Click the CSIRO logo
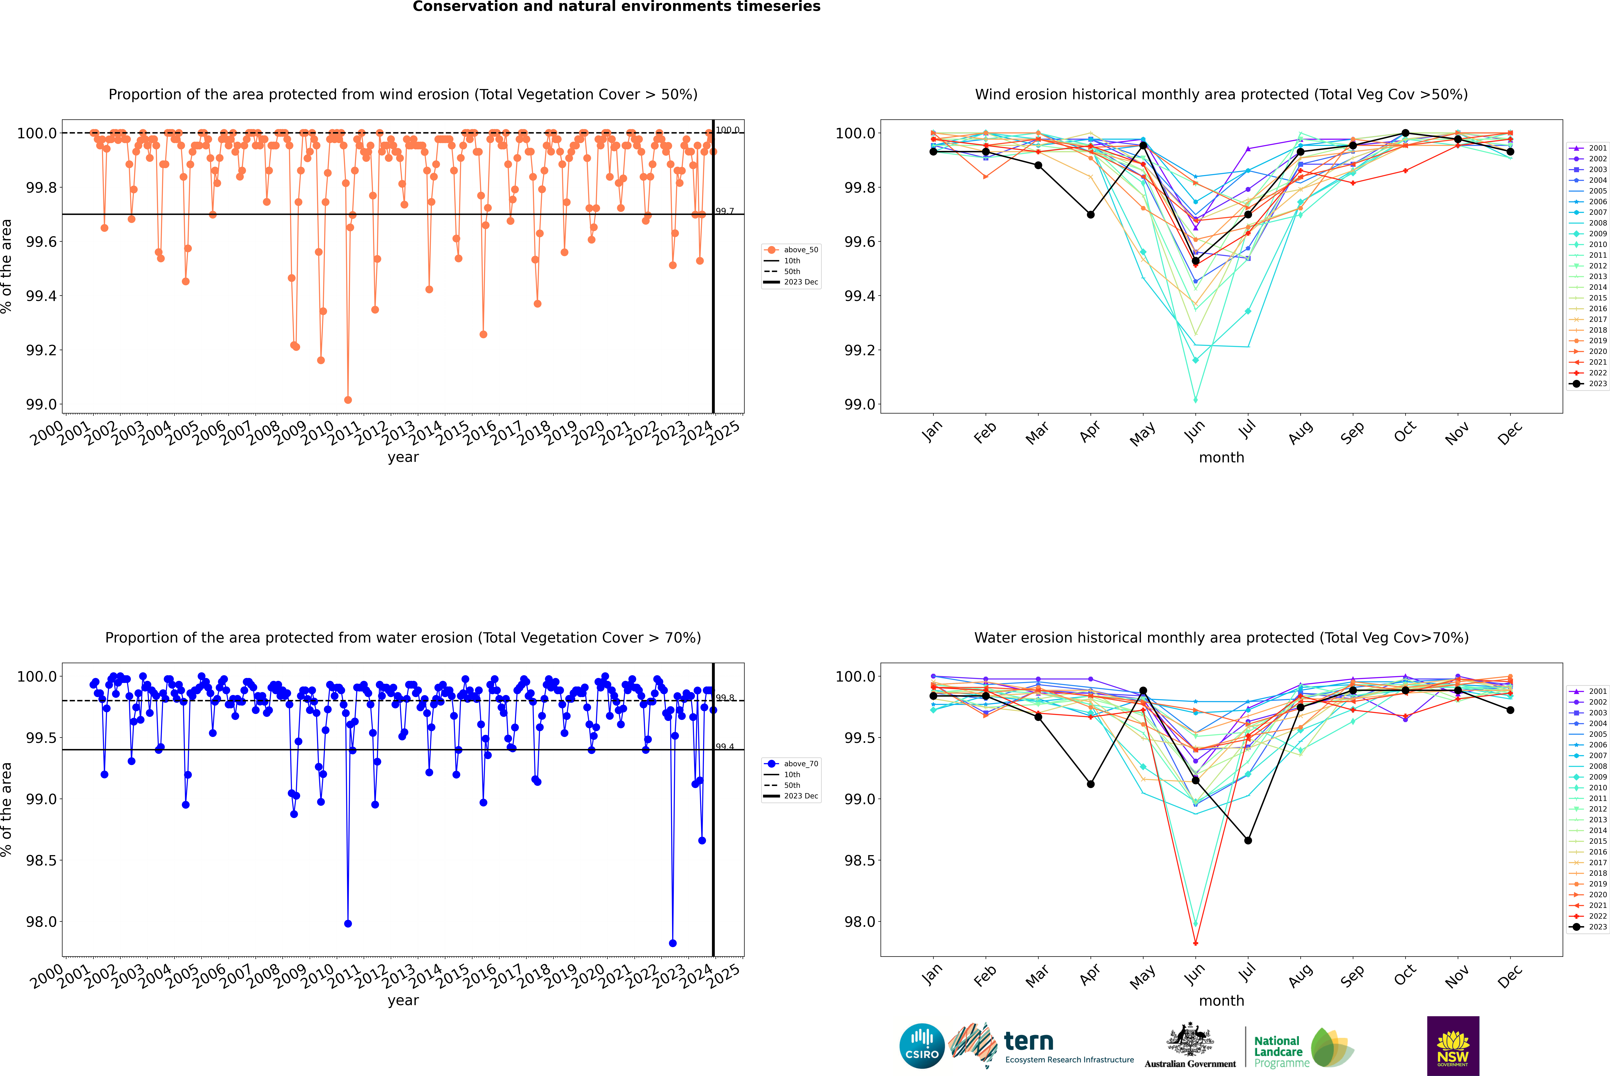click(x=922, y=1046)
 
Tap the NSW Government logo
click(x=1453, y=1046)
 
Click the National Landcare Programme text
click(x=1278, y=1051)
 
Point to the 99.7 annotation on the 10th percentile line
click(x=725, y=211)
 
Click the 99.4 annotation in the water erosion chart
click(x=725, y=747)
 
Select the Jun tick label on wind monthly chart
click(x=1194, y=431)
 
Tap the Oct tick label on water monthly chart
click(x=1404, y=974)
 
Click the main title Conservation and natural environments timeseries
click(x=616, y=7)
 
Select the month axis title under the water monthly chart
click(x=1221, y=1001)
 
